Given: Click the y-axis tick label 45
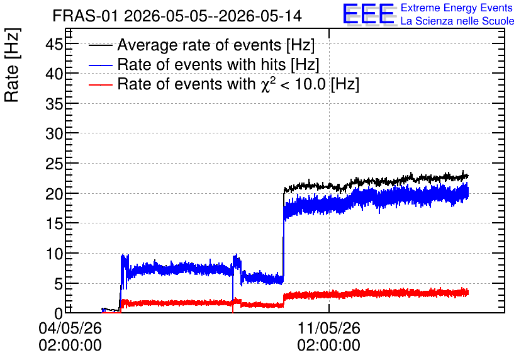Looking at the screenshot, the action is pos(54,44).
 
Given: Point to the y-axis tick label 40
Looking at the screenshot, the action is pos(54,74).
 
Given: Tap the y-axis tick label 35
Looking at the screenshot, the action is pos(54,104).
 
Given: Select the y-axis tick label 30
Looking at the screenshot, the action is pos(54,134).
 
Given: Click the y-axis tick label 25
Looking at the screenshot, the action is pos(54,164).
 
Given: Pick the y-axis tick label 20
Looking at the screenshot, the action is pos(54,194).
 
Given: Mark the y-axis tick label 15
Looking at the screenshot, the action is pos(54,224).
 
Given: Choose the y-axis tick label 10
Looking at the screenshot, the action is pos(54,254).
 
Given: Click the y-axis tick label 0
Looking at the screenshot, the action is pos(59,313).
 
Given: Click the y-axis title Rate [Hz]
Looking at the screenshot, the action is pos(13,65).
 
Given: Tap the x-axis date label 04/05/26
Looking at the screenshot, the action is pos(70,328).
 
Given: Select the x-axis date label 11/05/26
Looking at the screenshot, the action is pos(328,328).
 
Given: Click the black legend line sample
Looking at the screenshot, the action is pos(101,45).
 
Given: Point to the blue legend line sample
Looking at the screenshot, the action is pos(101,65).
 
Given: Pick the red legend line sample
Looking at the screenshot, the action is pos(101,84).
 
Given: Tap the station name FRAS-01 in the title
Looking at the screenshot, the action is pos(85,16).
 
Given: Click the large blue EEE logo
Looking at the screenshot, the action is pos(369,14).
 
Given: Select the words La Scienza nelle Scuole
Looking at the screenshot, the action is pos(457,21).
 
